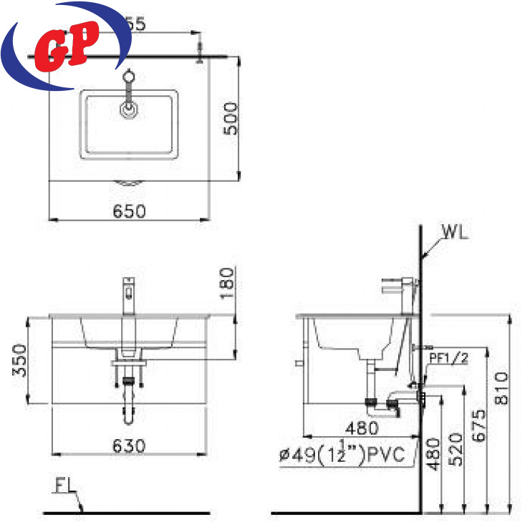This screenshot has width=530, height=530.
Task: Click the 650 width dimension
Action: pyautogui.click(x=130, y=211)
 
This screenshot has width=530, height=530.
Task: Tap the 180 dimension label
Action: pyautogui.click(x=228, y=283)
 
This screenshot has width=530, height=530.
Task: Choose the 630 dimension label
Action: pyautogui.click(x=130, y=445)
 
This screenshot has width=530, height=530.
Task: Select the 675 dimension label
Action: pyautogui.click(x=480, y=426)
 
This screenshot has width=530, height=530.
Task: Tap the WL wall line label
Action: pyautogui.click(x=456, y=233)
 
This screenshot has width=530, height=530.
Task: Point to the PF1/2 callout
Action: pyautogui.click(x=448, y=358)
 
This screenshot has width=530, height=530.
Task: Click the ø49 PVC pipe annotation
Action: pyautogui.click(x=342, y=454)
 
